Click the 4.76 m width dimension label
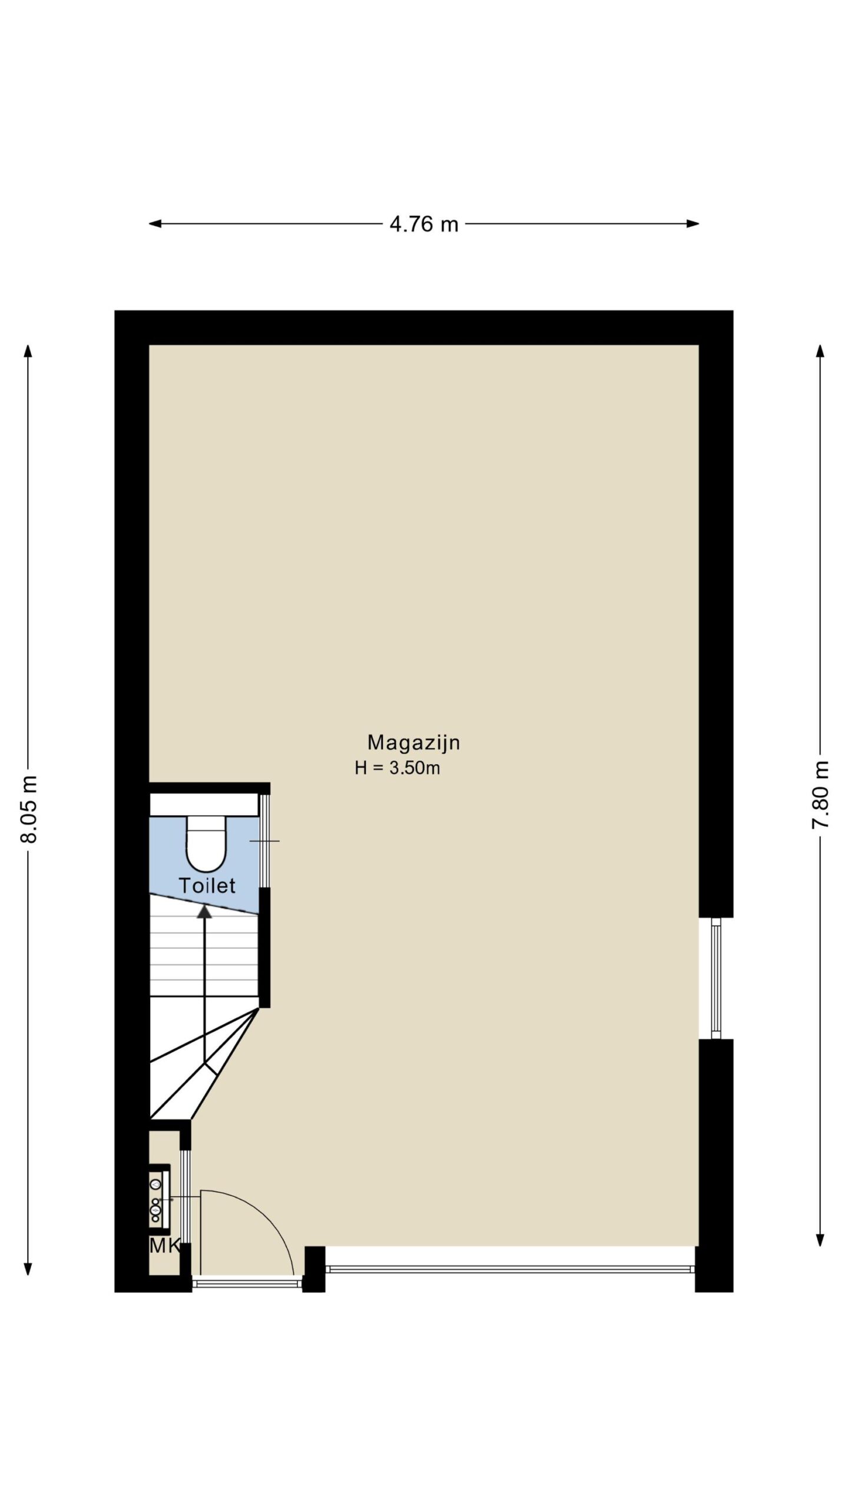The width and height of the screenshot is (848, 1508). pyautogui.click(x=424, y=224)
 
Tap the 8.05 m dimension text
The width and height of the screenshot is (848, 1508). pyautogui.click(x=29, y=809)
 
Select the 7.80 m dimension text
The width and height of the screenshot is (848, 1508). pyautogui.click(x=820, y=795)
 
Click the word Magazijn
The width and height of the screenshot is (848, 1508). pyautogui.click(x=413, y=743)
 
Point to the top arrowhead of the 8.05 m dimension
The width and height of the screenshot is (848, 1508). pyautogui.click(x=28, y=351)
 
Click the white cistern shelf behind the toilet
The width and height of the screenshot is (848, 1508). pyautogui.click(x=204, y=805)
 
